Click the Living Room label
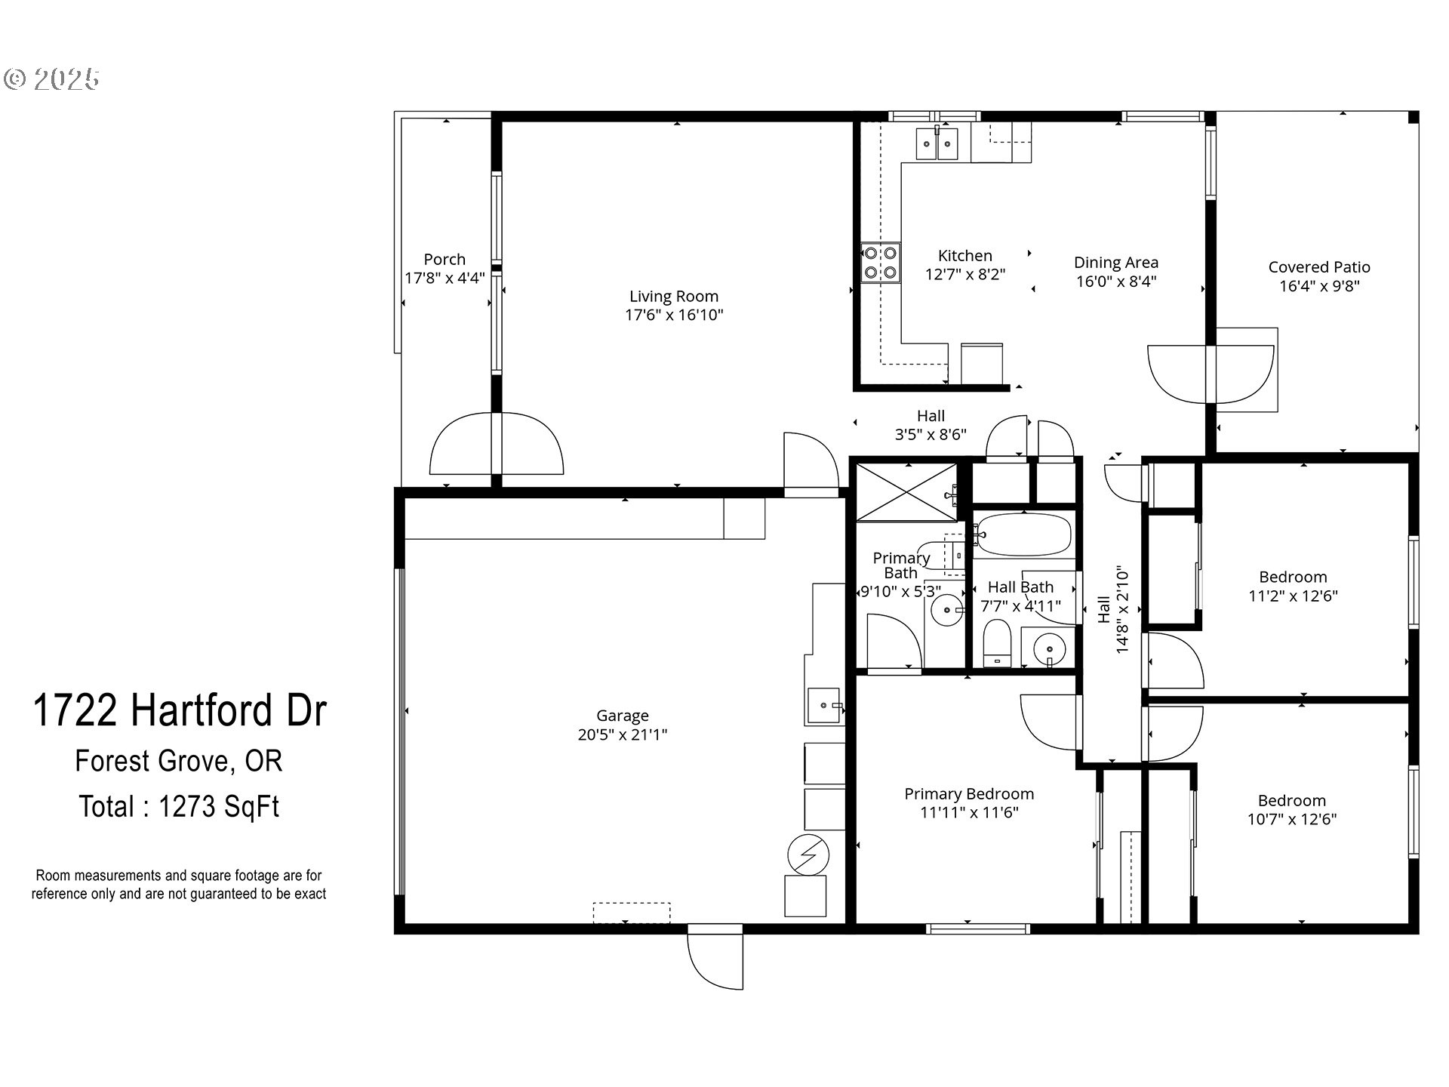coord(674,297)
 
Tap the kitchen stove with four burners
coord(881,263)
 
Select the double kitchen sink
coord(937,143)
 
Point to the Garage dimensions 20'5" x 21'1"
coord(623,734)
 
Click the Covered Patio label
coord(1319,267)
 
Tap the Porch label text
coord(445,260)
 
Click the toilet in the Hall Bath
coord(997,643)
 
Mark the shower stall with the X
coord(906,492)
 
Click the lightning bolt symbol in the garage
coord(808,855)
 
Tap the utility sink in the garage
coord(824,706)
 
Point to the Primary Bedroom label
coord(969,794)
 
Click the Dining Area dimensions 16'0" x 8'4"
coord(1116,282)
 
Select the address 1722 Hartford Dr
coord(180,710)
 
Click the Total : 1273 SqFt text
coord(179,807)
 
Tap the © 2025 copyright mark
coord(52,79)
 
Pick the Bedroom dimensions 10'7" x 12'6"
coord(1292,819)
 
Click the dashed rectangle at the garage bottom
coord(632,913)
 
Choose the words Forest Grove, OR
coord(179,761)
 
